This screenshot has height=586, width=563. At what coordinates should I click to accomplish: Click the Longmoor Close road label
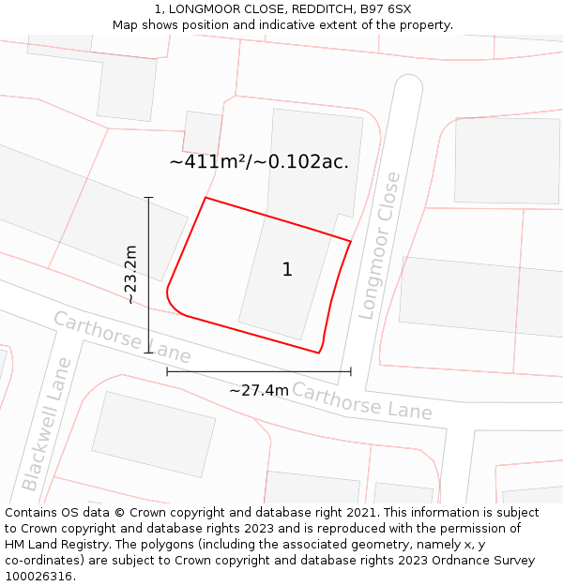[x=379, y=246]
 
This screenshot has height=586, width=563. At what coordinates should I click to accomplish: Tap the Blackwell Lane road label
[x=46, y=424]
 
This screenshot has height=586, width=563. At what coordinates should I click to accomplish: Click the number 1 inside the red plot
[x=287, y=270]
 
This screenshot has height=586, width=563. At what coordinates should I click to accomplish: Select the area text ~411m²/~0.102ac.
[x=259, y=161]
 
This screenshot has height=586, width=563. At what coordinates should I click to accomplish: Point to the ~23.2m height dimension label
[x=130, y=275]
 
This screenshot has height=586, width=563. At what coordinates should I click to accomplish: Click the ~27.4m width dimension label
[x=259, y=390]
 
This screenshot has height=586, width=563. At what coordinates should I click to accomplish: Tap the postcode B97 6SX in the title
[x=385, y=9]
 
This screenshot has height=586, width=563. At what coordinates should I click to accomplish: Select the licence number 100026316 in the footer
[x=39, y=577]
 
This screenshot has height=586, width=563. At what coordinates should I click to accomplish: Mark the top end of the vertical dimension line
[x=148, y=198]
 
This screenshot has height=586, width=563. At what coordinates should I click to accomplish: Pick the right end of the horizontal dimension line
[x=351, y=371]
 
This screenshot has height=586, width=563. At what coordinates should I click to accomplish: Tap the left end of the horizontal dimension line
[x=167, y=371]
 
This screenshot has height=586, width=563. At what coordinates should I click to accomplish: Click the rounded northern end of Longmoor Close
[x=408, y=86]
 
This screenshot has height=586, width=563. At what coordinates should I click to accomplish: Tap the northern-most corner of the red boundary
[x=205, y=198]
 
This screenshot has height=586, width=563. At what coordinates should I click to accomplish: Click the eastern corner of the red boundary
[x=351, y=241]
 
